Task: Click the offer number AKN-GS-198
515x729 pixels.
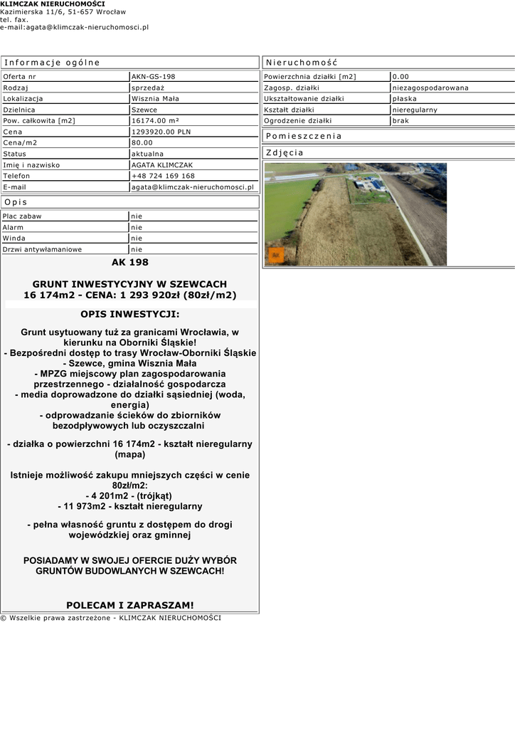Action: (x=154, y=76)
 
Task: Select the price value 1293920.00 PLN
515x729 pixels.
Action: (x=161, y=132)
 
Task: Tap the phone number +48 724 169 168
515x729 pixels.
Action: (x=163, y=176)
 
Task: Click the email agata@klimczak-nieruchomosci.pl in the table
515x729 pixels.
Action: (x=193, y=187)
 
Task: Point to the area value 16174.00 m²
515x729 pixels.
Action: (x=156, y=120)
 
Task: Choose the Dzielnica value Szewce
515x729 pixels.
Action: (x=144, y=110)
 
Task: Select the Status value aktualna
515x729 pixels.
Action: (x=147, y=154)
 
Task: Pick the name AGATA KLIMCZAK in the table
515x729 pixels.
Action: (x=162, y=165)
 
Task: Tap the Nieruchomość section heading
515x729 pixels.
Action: (x=302, y=63)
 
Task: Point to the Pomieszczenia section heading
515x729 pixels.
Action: (x=304, y=136)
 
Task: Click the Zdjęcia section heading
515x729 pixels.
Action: (x=285, y=152)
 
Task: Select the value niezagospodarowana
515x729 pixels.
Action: (x=430, y=88)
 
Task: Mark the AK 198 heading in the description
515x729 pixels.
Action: (x=129, y=262)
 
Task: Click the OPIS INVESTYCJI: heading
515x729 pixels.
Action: (x=130, y=314)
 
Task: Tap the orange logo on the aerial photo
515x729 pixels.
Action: (x=276, y=255)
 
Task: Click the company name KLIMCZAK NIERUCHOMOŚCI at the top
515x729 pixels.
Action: (x=53, y=4)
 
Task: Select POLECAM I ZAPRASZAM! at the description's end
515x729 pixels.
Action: (x=129, y=605)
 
